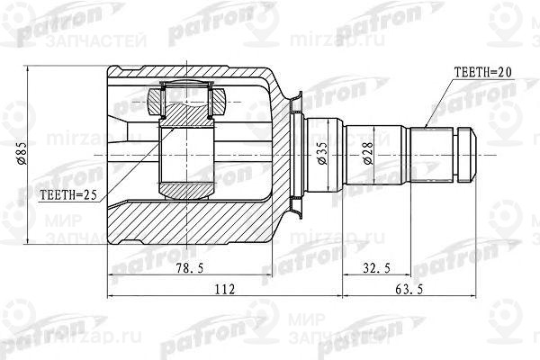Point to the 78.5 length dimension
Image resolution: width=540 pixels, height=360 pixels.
tap(186, 267)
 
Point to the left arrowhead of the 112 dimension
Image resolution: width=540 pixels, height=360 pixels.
tap(112, 298)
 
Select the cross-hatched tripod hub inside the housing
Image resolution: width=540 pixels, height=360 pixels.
tap(186, 112)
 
